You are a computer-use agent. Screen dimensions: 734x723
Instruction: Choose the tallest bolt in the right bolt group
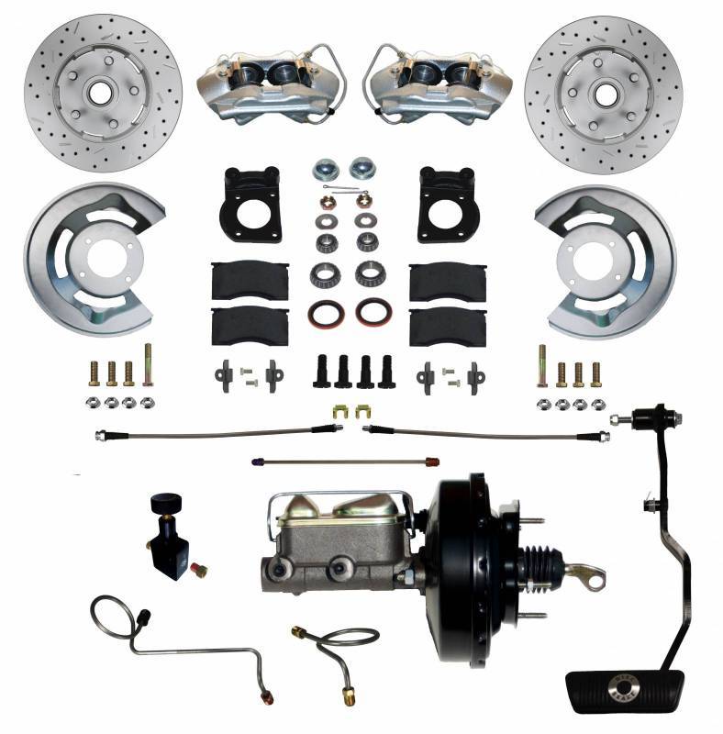point(541,366)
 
